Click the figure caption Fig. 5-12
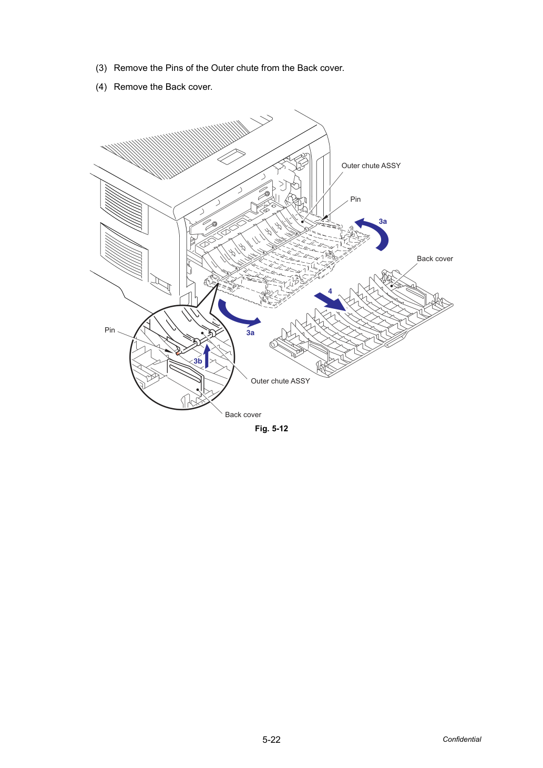click(x=271, y=429)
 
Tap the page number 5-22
click(x=271, y=740)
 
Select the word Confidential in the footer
click(x=462, y=739)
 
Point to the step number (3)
click(x=101, y=68)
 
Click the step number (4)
click(x=101, y=87)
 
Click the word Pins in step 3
click(x=174, y=68)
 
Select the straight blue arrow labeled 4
click(x=330, y=302)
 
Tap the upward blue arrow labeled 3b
click(x=207, y=356)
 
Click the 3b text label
click(x=198, y=361)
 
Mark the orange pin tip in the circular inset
click(x=178, y=352)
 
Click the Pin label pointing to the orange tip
click(x=110, y=330)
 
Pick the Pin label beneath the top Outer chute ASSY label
click(x=355, y=199)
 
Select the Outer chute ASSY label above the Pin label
click(x=371, y=165)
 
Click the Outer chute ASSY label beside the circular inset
click(x=280, y=381)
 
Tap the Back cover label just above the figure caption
click(x=243, y=414)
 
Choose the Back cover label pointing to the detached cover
click(x=435, y=258)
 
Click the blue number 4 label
click(x=330, y=291)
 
